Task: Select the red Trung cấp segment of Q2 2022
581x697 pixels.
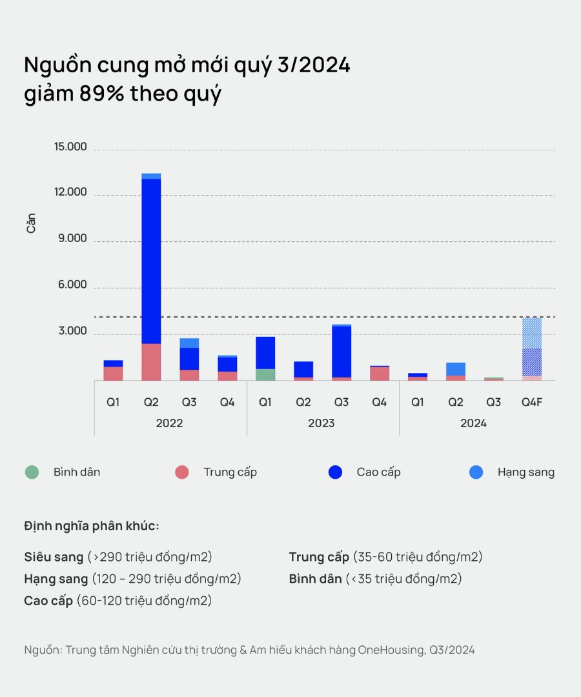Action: point(151,362)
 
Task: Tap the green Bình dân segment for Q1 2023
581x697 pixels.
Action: point(265,374)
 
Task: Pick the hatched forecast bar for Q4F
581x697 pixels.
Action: point(531,348)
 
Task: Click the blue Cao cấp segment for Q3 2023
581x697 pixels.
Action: point(341,352)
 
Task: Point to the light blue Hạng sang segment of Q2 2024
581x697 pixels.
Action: point(456,369)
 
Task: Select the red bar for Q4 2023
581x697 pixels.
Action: point(380,374)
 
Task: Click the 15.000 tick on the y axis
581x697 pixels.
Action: point(71,147)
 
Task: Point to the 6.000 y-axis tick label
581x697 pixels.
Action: point(72,285)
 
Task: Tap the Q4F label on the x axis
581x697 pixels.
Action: point(531,402)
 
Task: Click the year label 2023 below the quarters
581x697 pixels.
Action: point(321,423)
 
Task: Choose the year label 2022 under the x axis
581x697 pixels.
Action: point(169,423)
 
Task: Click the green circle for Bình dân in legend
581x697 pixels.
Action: point(32,472)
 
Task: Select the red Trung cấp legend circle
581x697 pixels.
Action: point(182,472)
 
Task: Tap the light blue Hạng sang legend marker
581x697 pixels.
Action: point(476,472)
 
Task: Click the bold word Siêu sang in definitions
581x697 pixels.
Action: point(54,557)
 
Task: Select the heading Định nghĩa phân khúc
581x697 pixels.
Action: point(91,525)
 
